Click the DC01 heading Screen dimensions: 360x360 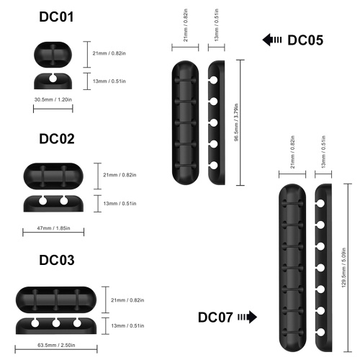[56, 17]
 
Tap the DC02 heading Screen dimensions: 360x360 [57, 139]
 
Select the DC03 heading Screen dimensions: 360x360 [57, 260]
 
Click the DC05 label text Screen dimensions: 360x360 [305, 40]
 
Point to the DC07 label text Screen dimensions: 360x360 [215, 318]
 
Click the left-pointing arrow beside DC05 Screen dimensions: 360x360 [272, 40]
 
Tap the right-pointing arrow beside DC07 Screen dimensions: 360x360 [248, 317]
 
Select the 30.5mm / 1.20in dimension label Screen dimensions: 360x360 [53, 99]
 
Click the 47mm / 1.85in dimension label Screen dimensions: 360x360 [53, 228]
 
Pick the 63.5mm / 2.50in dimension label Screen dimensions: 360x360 [56, 345]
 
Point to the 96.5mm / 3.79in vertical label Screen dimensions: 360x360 [236, 122]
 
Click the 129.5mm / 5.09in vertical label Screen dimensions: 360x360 [343, 268]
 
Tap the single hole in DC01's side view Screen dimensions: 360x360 [53, 78]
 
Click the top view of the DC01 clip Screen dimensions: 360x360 [53, 55]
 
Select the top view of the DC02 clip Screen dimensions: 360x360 [53, 176]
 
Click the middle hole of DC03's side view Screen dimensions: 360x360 [56, 323]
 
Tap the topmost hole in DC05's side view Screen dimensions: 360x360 [214, 80]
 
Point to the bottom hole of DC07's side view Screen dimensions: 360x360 [320, 332]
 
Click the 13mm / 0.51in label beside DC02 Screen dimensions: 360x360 [120, 204]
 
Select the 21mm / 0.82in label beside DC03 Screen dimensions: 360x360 [127, 300]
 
